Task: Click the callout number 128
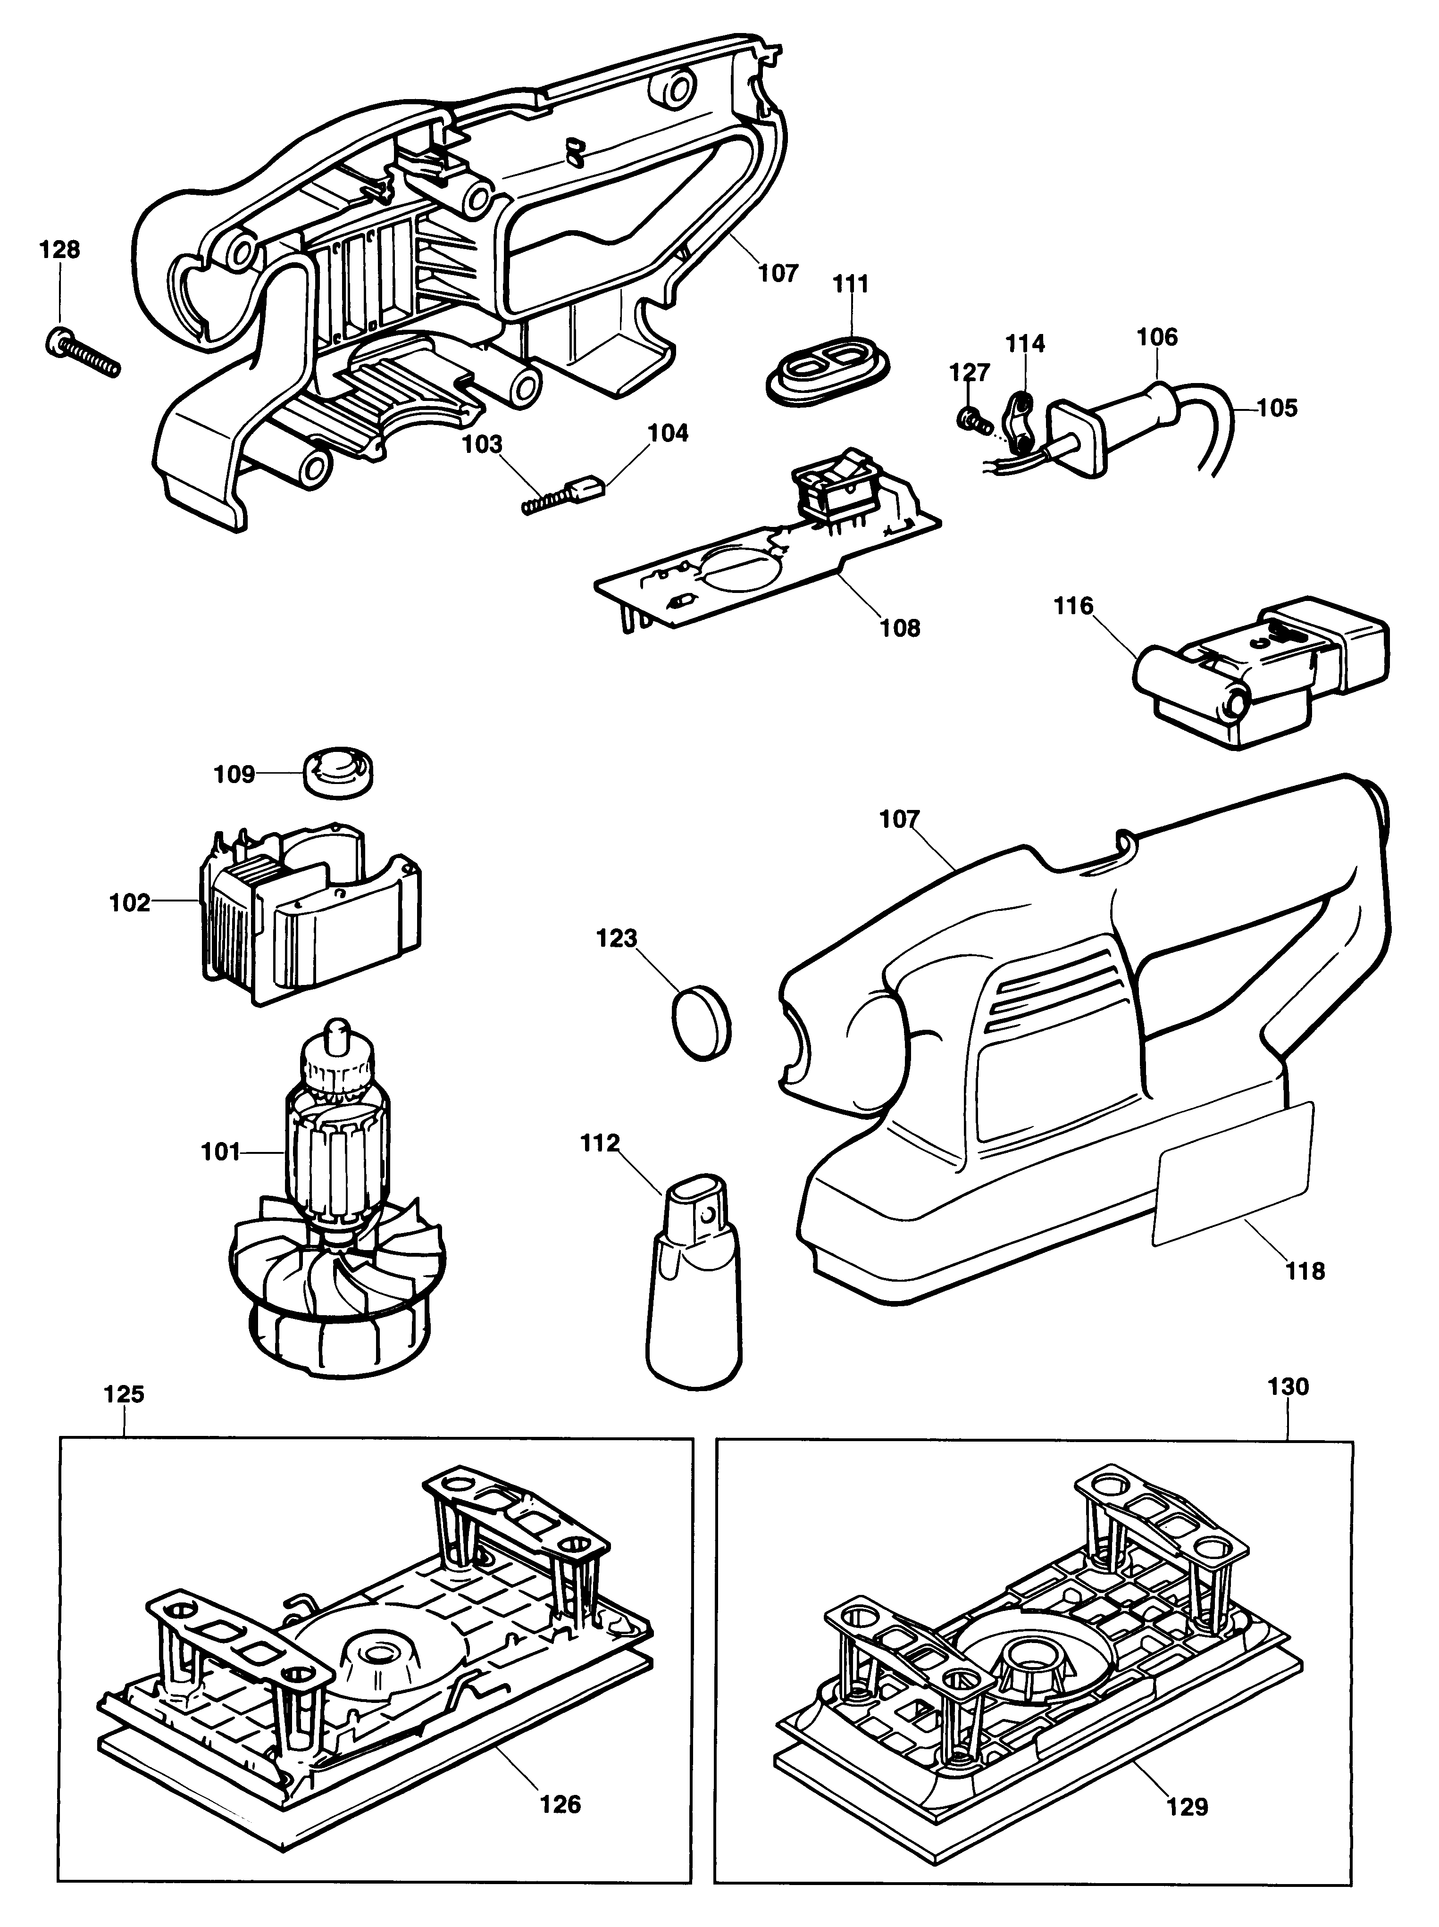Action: point(59,250)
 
